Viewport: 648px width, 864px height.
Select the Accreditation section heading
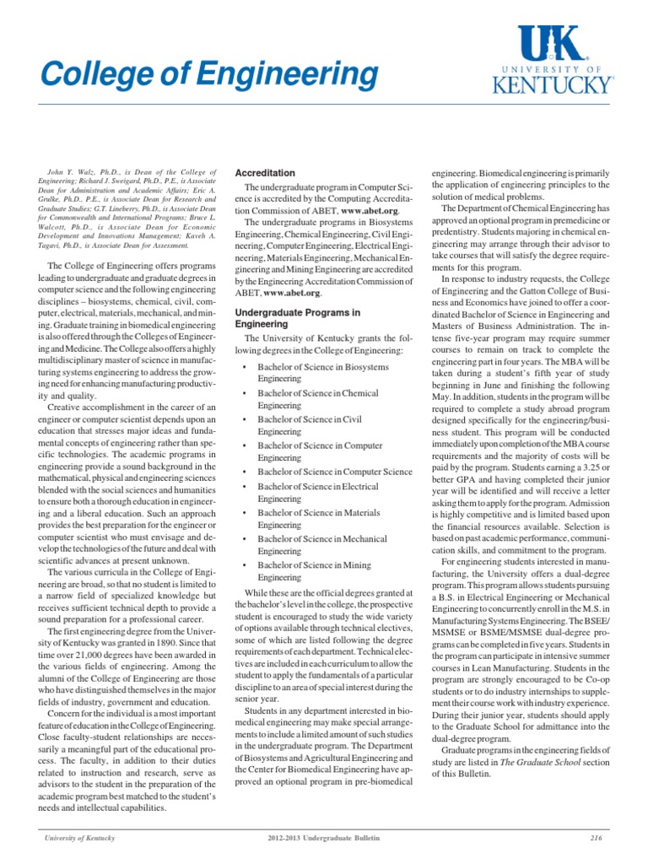[264, 172]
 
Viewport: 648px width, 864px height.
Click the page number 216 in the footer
[595, 838]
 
